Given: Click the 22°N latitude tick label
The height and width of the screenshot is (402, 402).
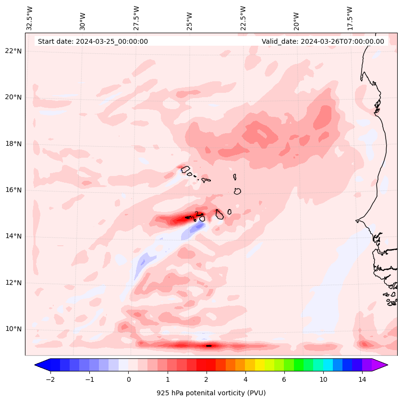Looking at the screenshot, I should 13,51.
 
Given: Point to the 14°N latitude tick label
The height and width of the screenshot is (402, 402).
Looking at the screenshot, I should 13,236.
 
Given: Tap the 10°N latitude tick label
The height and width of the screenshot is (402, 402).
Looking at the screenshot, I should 13,329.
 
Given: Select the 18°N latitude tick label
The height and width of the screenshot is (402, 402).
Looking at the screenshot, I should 13,144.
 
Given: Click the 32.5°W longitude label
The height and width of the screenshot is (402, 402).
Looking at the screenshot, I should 30,18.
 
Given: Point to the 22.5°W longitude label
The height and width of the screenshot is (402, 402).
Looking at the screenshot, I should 244,18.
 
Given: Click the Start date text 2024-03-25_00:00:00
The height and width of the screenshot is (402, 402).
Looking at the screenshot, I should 93,41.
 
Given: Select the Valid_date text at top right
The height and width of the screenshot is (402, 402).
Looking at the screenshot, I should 323,41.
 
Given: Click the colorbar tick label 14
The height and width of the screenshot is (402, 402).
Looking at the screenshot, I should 362,380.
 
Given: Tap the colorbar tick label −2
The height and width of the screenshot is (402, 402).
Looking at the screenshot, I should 50,380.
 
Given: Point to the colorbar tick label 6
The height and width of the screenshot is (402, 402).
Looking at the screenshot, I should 284,380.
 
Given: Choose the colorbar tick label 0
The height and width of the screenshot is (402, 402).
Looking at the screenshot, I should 128,380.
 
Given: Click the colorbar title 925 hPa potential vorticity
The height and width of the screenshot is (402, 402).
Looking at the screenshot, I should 211,393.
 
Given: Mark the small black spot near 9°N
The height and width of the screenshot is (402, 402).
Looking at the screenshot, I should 209,346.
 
